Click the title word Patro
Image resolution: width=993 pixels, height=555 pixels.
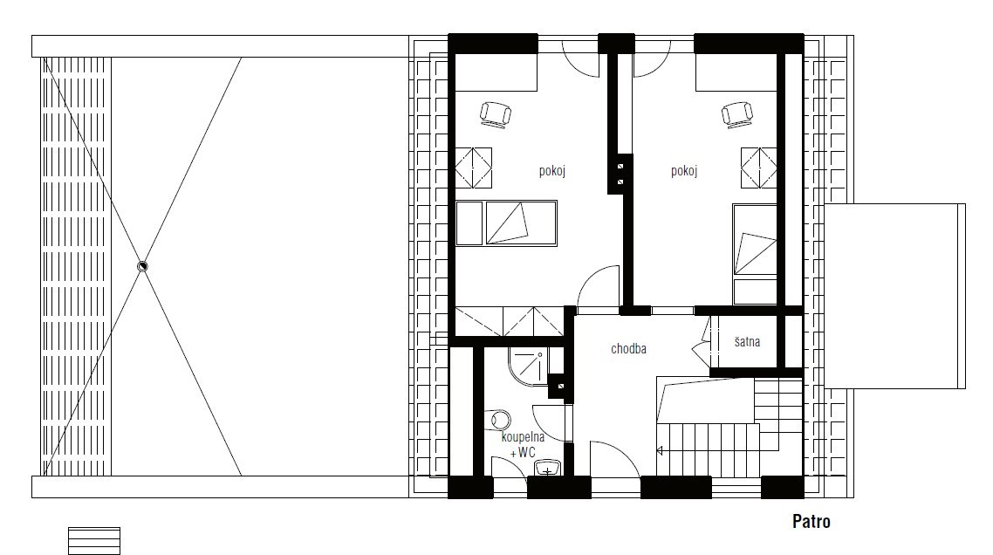point(812,522)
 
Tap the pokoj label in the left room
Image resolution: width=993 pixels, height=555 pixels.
point(552,171)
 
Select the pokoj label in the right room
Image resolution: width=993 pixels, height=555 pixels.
point(684,171)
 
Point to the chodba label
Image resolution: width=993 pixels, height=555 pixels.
point(628,348)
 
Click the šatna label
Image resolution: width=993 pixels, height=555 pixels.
point(747,341)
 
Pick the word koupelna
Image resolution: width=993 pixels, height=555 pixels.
point(523,437)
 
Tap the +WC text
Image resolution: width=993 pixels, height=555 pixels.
point(523,452)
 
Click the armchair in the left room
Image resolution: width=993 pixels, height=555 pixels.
point(496,114)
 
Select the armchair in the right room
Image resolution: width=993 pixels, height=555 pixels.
point(737,114)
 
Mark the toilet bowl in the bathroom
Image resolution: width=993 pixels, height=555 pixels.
point(501,420)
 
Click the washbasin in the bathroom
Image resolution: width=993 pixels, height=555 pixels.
point(547,469)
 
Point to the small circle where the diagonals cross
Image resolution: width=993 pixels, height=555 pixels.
point(142,266)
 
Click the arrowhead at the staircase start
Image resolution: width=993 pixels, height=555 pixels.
point(660,450)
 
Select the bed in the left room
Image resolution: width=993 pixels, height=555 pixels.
point(507,223)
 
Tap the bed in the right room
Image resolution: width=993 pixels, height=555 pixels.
point(755,254)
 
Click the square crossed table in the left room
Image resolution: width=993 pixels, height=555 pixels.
point(474,168)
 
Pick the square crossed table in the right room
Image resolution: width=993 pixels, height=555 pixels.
point(758,168)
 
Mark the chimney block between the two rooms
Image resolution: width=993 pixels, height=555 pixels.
point(620,175)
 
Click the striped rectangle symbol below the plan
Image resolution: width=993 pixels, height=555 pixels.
point(93,541)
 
